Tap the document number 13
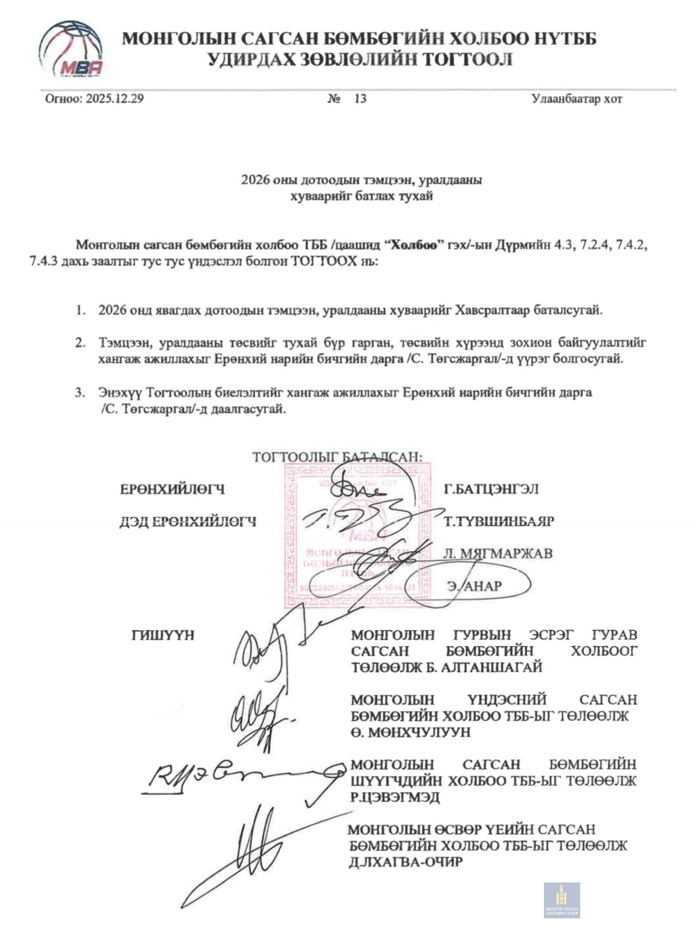[x=360, y=99]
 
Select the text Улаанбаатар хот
[x=576, y=99]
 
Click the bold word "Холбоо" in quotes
[x=414, y=246]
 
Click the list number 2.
[x=80, y=342]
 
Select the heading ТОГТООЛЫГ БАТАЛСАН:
[x=337, y=457]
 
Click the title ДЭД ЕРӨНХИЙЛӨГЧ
[x=188, y=522]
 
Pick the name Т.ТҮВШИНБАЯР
[x=499, y=522]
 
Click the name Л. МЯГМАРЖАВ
[x=498, y=553]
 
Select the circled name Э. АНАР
[x=475, y=586]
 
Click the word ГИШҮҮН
[x=163, y=635]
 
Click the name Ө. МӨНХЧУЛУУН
[x=411, y=732]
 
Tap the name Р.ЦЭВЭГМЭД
[x=395, y=797]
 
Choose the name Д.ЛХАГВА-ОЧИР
[x=406, y=862]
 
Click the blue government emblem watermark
[x=562, y=900]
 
